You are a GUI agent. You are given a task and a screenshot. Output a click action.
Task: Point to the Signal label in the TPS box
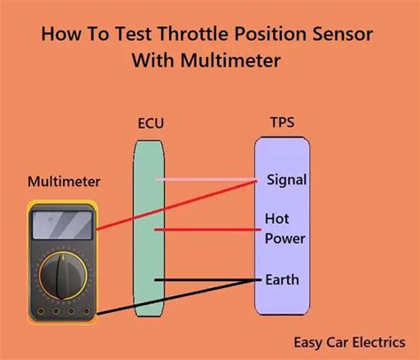click(x=286, y=180)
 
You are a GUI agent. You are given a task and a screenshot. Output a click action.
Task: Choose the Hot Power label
click(x=284, y=228)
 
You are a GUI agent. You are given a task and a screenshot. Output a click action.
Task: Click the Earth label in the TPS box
click(x=282, y=279)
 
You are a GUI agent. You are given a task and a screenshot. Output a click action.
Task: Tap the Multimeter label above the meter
click(x=64, y=182)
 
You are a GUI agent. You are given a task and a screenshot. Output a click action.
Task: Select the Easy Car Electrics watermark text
click(x=350, y=340)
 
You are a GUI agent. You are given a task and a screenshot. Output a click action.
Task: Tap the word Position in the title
click(x=268, y=36)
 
